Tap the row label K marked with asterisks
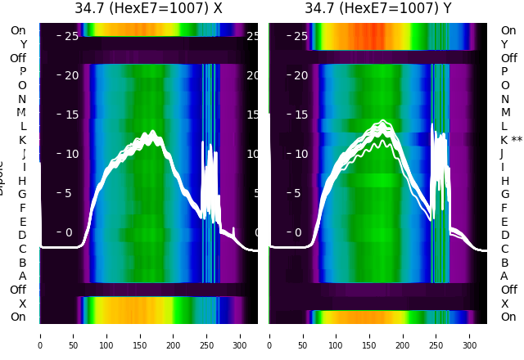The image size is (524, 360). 511,140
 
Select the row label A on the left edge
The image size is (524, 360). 23,276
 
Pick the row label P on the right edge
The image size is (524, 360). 504,72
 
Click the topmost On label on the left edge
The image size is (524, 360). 18,30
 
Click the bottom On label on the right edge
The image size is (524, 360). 508,317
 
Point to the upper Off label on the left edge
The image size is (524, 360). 18,58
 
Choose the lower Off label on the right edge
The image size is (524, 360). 508,290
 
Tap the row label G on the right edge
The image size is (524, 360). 504,194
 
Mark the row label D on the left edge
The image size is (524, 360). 23,235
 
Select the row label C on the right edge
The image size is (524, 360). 504,249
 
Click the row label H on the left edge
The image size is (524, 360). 23,181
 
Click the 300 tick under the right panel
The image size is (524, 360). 470,335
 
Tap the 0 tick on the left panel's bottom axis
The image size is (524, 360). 40,335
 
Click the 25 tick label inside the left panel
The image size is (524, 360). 70,36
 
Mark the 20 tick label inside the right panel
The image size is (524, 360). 300,75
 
